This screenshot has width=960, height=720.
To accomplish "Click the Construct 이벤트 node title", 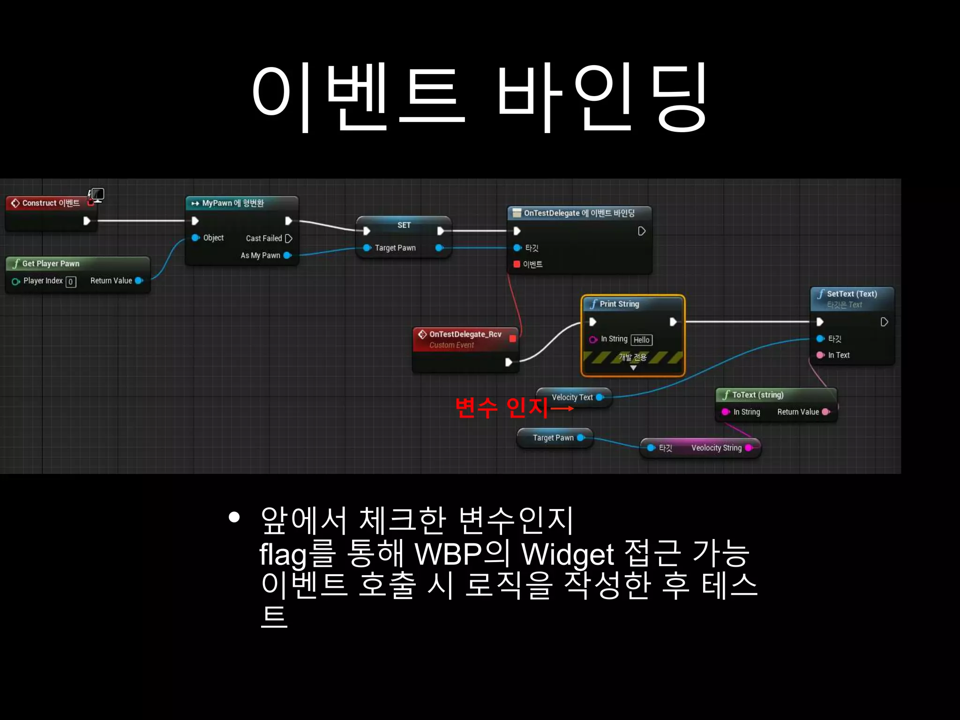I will (x=51, y=203).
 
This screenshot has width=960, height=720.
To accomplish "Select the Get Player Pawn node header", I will (x=51, y=263).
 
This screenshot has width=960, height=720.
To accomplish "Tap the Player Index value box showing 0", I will (x=71, y=282).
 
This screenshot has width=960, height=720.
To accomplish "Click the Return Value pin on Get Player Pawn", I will (x=139, y=281).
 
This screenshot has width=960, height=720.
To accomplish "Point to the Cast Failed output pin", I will (x=289, y=239).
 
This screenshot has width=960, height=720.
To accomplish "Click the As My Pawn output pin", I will (x=287, y=255).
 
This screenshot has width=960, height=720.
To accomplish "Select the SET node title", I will (x=404, y=225).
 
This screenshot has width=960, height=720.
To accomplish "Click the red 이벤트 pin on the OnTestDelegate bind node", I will (x=517, y=264).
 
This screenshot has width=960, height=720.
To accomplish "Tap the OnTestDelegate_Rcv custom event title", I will (x=465, y=334).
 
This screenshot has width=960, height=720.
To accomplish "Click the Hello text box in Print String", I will (x=641, y=340).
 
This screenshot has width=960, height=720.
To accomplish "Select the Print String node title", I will (x=619, y=304).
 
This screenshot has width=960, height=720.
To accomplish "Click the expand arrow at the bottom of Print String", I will (x=633, y=368).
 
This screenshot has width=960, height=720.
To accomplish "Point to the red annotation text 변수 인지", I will (x=502, y=407).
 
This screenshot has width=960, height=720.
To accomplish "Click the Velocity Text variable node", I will (x=573, y=397).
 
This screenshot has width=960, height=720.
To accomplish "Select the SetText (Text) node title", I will (x=851, y=294).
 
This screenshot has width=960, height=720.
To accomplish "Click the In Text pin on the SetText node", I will (x=820, y=355).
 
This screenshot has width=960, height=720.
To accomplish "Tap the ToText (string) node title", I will (x=757, y=395).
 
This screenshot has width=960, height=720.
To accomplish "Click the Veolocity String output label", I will (x=716, y=448).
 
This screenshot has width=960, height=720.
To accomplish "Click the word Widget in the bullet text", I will (x=568, y=555).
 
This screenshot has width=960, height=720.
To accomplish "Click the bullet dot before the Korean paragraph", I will (x=234, y=517).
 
